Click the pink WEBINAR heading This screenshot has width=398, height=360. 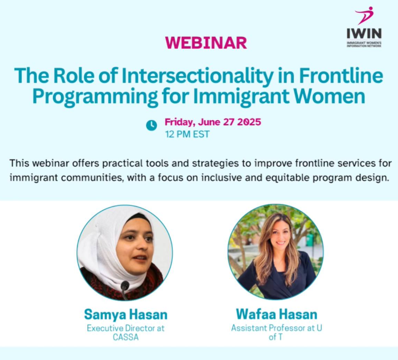coord(206,43)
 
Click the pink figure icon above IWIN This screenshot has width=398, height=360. coord(365,15)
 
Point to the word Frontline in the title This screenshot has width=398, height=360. coord(341,76)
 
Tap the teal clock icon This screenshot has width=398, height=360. coord(152,125)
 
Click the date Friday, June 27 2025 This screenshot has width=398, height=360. coord(213,122)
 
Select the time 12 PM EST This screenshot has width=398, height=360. coord(187,134)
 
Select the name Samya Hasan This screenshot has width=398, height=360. coord(126,314)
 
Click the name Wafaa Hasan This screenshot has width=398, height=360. coord(276,314)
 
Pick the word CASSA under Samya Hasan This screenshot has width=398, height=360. coord(126,337)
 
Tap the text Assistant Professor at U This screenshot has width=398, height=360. coord(276,328)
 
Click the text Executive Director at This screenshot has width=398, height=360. coord(126,328)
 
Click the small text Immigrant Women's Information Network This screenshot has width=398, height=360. coord(364,45)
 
